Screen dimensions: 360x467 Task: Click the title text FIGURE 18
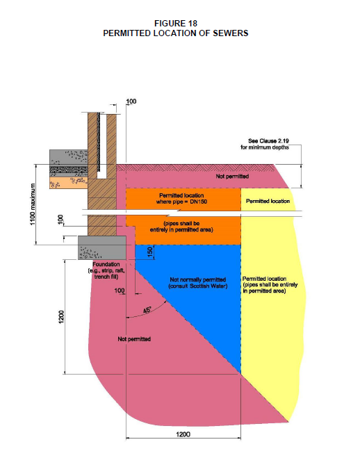[176, 23]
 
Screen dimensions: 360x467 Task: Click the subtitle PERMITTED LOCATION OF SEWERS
[176, 33]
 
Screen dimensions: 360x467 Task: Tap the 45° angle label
[147, 310]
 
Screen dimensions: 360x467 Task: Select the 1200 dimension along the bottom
[183, 434]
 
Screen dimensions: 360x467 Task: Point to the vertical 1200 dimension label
[61, 317]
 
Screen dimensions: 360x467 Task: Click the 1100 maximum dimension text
[33, 204]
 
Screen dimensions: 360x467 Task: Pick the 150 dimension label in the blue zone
[150, 252]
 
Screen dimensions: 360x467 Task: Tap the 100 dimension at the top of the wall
[131, 101]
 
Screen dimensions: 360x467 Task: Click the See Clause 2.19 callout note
[265, 144]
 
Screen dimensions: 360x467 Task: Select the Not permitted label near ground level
[232, 177]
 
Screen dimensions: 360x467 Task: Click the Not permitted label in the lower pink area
[134, 339]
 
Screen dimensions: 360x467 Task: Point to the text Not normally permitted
[197, 279]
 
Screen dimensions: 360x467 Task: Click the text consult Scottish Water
[197, 286]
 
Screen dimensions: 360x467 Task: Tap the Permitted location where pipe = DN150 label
[181, 199]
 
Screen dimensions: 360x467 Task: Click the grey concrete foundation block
[102, 247]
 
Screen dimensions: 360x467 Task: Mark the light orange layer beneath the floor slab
[69, 183]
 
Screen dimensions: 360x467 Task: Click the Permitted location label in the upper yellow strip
[268, 201]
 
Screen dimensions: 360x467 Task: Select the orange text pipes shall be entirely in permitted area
[181, 227]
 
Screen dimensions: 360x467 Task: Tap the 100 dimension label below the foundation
[120, 290]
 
